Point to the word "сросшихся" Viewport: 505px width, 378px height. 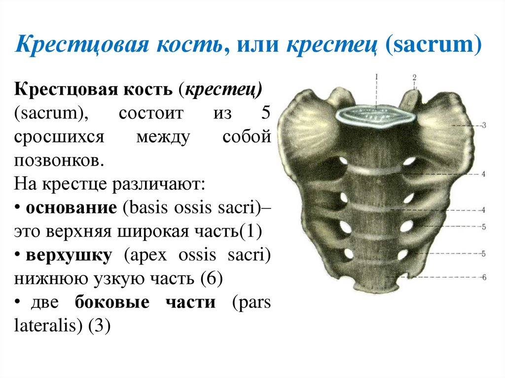click(59, 137)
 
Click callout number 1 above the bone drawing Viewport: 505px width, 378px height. click(376, 77)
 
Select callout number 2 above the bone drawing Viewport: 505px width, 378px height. click(415, 77)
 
